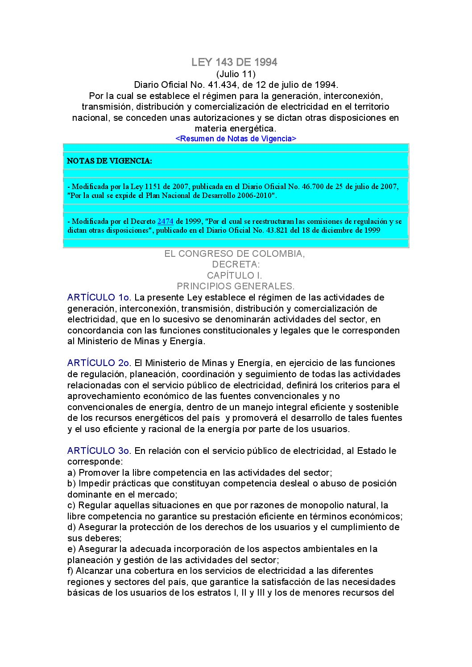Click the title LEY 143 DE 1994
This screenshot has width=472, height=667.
[x=234, y=62]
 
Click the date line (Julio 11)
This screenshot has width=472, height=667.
[x=236, y=74]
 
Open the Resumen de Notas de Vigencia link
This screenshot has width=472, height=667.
[x=236, y=139]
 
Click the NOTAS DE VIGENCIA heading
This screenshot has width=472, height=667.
[x=109, y=161]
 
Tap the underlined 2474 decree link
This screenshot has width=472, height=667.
[x=165, y=222]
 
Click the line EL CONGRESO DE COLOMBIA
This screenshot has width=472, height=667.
[x=235, y=254]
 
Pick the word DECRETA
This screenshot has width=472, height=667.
[x=236, y=265]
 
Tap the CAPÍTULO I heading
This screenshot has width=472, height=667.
[x=235, y=276]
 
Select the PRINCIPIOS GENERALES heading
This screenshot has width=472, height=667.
[x=236, y=286]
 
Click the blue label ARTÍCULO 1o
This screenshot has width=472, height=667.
[x=99, y=297]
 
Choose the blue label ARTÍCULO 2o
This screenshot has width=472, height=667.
[x=99, y=363]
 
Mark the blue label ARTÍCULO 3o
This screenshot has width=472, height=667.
[x=99, y=451]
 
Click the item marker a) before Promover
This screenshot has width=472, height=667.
[x=71, y=473]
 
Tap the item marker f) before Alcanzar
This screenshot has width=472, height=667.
[x=70, y=571]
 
